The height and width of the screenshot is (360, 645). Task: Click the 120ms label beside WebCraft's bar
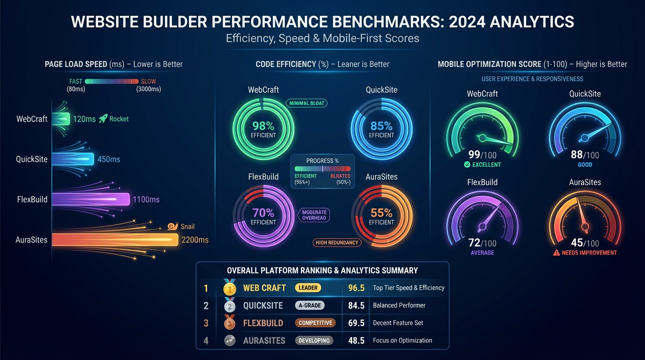84,119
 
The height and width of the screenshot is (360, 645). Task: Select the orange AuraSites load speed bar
115,240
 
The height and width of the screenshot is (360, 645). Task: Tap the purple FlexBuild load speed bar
90,199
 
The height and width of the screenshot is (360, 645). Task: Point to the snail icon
173,226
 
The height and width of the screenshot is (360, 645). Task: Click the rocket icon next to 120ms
103,119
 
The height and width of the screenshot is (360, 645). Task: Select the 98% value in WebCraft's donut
263,126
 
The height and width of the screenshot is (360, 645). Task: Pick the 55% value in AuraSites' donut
381,213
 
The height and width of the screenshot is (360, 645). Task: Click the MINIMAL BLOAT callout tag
307,103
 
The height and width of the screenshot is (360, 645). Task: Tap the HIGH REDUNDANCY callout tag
337,242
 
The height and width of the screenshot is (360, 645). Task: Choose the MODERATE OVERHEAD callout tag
314,215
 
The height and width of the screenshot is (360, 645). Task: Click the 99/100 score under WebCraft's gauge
482,155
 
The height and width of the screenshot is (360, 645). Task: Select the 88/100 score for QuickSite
585,155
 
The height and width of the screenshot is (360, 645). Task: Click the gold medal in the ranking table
229,288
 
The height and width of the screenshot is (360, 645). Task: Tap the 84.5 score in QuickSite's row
356,306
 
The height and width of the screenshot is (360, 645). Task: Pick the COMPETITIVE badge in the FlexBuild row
315,323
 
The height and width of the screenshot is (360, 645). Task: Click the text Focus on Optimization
402,340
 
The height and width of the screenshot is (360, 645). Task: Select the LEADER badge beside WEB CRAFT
308,288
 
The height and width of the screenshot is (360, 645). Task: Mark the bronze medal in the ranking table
229,323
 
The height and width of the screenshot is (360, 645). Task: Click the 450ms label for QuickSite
109,159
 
